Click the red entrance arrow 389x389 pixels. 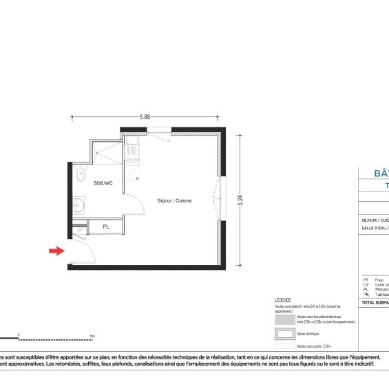[x=56, y=251]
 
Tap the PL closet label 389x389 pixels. [x=106, y=226]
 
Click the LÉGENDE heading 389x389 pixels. [x=283, y=301]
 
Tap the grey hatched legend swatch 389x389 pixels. [x=284, y=319]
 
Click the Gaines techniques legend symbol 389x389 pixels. [x=284, y=333]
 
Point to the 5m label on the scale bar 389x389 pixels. [x=92, y=336]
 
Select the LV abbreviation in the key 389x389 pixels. [x=366, y=285]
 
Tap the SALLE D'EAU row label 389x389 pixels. [x=375, y=227]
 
